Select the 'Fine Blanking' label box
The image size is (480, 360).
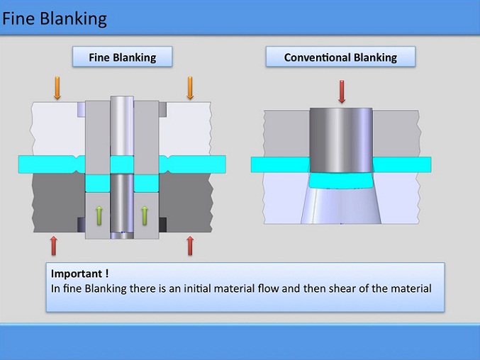click(x=122, y=57)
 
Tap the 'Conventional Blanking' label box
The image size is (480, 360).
click(x=340, y=57)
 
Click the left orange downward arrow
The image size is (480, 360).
click(x=57, y=87)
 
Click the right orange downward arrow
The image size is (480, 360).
click(x=190, y=87)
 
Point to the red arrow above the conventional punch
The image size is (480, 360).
click(x=342, y=91)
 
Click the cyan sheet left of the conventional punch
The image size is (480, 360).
click(x=280, y=164)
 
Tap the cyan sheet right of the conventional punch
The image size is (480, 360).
click(x=401, y=164)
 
